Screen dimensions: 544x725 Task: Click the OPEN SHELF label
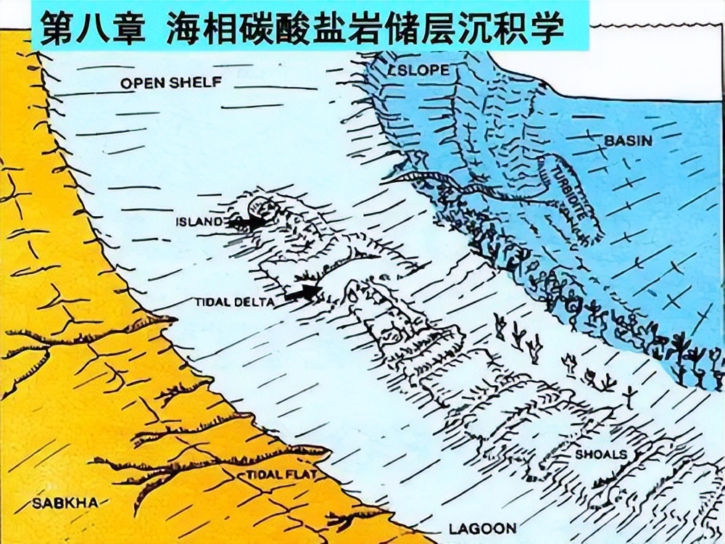[170, 83]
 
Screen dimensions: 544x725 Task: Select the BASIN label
[628, 140]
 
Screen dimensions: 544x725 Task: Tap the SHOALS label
[601, 455]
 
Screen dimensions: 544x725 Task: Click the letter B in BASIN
[609, 140]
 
